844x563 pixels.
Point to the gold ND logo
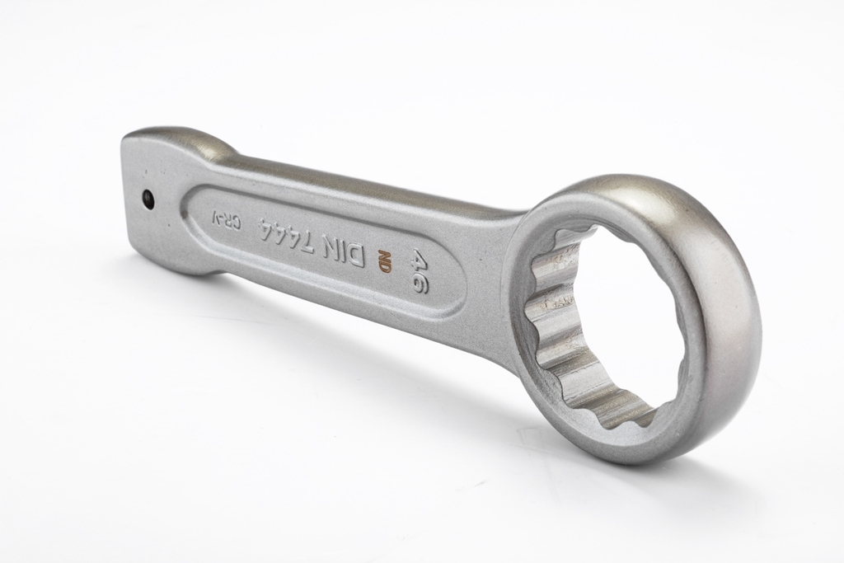383,259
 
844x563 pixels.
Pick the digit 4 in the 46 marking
420,260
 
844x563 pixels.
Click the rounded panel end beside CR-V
198,216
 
